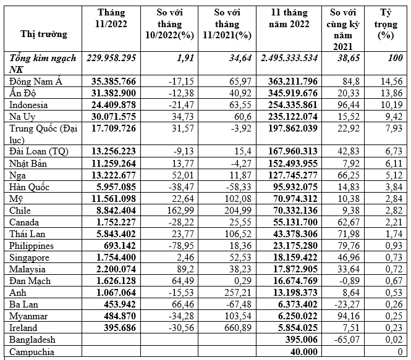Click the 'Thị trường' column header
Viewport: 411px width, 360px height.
43,34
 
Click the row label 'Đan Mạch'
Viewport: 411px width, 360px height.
30,280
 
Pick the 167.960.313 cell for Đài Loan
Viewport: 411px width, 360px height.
291,152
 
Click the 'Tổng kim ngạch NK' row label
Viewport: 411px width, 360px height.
43,63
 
